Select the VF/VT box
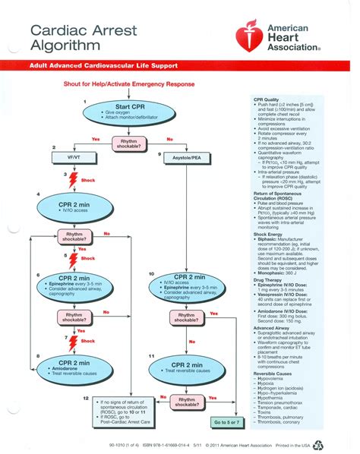(x=70, y=156)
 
